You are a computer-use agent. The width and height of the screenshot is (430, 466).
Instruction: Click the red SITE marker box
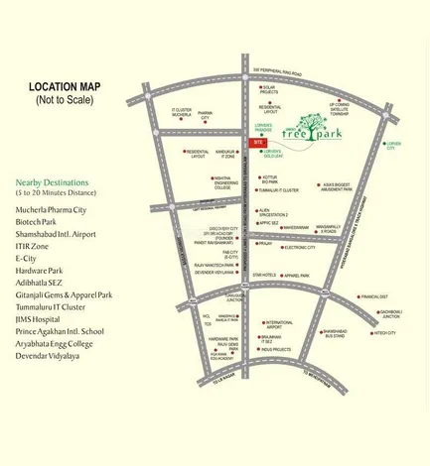pyautogui.click(x=257, y=143)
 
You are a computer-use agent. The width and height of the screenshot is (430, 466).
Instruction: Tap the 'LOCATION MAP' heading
pyautogui.click(x=66, y=86)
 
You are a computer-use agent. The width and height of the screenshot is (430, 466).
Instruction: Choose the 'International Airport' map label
pyautogui.click(x=279, y=324)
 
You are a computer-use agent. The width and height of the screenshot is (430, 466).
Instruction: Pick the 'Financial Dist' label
pyautogui.click(x=374, y=296)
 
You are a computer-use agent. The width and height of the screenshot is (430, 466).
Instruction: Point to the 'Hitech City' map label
pyautogui.click(x=384, y=333)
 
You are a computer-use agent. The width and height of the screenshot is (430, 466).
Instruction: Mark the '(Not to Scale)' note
pyautogui.click(x=65, y=100)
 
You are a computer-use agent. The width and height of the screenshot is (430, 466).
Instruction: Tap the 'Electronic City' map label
pyautogui.click(x=299, y=248)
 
